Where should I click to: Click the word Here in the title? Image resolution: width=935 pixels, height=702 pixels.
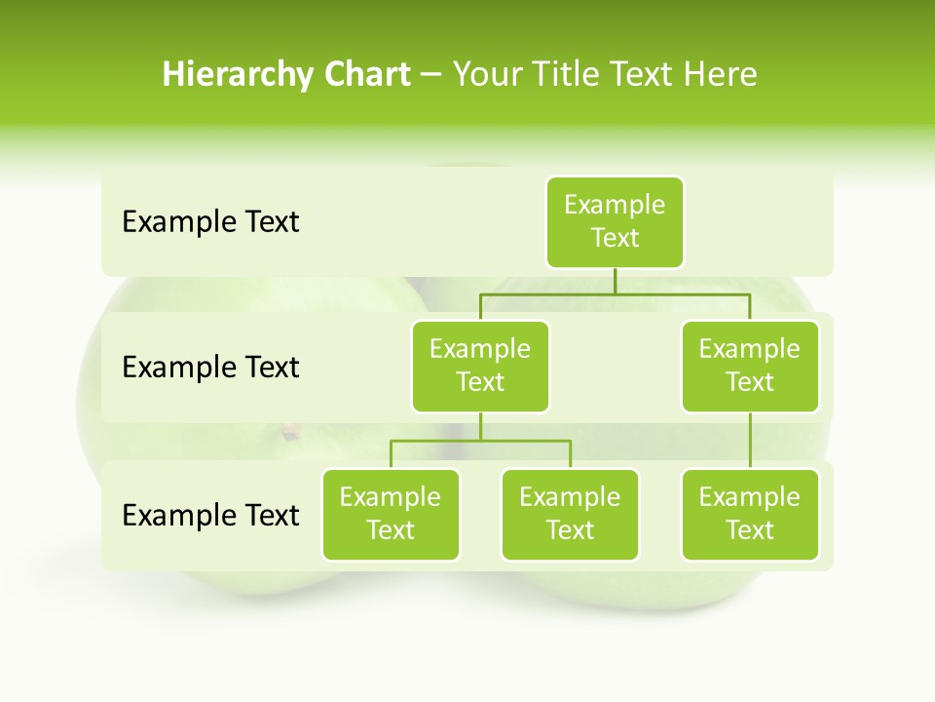pyautogui.click(x=720, y=74)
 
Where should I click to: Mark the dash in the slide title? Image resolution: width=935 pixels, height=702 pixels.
pyautogui.click(x=431, y=75)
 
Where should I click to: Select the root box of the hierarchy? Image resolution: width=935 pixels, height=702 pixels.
pyautogui.click(x=615, y=221)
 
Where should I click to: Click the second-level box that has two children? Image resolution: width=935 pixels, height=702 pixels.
pyautogui.click(x=480, y=366)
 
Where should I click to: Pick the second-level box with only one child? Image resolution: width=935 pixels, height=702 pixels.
pyautogui.click(x=750, y=366)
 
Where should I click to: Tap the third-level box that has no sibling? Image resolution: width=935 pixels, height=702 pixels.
pyautogui.click(x=750, y=514)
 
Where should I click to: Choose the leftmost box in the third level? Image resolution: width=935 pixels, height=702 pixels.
pyautogui.click(x=391, y=514)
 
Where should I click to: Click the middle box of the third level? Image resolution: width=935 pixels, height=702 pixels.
pyautogui.click(x=570, y=514)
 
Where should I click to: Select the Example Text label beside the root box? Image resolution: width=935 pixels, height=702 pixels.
pyautogui.click(x=210, y=221)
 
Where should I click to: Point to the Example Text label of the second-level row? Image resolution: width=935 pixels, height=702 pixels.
pyautogui.click(x=210, y=367)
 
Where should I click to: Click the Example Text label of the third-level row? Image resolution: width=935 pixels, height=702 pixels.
pyautogui.click(x=210, y=514)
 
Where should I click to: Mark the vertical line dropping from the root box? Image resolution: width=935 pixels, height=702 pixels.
pyautogui.click(x=615, y=281)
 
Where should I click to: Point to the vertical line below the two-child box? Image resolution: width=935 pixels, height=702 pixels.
pyautogui.click(x=480, y=426)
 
